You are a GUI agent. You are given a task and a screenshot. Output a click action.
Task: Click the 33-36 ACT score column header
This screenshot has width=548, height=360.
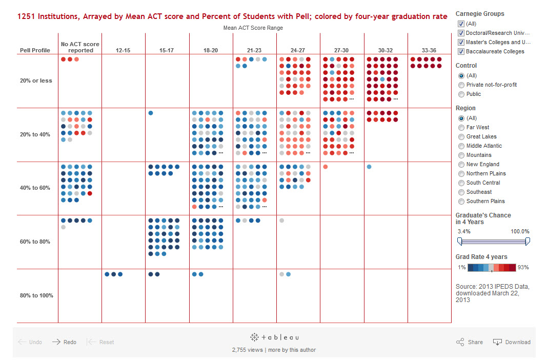click(x=429, y=50)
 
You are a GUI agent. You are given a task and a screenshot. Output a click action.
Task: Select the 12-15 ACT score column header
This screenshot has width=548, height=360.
click(x=123, y=50)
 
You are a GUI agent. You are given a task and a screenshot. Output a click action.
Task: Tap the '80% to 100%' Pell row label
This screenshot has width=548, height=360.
click(x=36, y=295)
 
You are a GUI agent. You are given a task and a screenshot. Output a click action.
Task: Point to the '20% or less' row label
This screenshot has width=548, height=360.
click(x=36, y=81)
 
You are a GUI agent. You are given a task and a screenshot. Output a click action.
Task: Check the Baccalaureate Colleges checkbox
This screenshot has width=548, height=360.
click(x=461, y=52)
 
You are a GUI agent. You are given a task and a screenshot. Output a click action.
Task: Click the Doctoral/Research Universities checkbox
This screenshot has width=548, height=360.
click(x=461, y=33)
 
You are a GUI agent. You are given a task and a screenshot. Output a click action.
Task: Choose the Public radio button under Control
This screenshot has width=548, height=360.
click(x=461, y=94)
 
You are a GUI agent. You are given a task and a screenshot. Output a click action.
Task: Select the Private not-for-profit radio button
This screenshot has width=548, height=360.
click(x=461, y=85)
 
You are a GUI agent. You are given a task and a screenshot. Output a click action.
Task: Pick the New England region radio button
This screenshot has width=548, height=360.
click(x=461, y=165)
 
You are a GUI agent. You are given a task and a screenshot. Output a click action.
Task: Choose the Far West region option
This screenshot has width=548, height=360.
click(x=461, y=128)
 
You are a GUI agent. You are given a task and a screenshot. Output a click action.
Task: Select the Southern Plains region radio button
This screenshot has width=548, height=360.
click(x=461, y=202)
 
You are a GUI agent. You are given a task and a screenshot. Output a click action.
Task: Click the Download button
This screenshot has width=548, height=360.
click(x=512, y=342)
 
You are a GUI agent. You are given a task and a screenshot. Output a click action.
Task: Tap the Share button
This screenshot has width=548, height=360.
click(x=469, y=342)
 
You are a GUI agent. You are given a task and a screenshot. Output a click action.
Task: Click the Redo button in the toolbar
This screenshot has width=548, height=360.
click(x=64, y=342)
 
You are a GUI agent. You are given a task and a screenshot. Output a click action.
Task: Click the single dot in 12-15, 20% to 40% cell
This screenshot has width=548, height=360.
click(x=151, y=113)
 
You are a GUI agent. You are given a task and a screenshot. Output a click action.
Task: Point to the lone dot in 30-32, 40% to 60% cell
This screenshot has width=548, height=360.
click(x=369, y=167)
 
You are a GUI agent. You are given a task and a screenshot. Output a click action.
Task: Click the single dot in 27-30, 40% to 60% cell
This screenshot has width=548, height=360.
click(x=326, y=167)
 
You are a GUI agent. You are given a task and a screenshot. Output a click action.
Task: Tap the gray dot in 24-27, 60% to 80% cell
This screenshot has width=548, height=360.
click(x=282, y=221)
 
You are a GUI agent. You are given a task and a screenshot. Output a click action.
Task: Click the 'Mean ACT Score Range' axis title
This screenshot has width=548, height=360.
click(x=253, y=28)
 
